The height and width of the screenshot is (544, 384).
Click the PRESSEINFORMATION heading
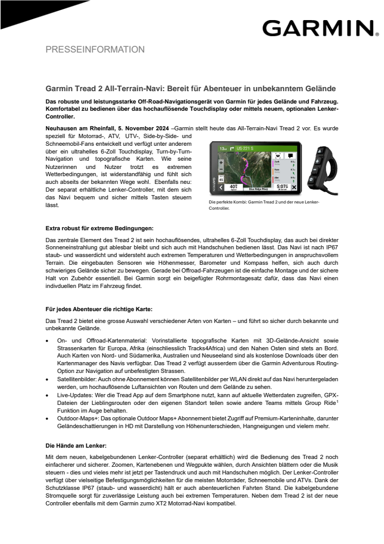pos(95,50)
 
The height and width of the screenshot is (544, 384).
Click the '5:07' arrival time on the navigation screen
pos(282,187)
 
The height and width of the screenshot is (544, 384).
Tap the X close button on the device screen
pos(294,188)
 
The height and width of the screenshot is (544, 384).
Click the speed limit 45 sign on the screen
pos(220,179)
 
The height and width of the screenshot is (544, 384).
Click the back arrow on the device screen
pos(220,188)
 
